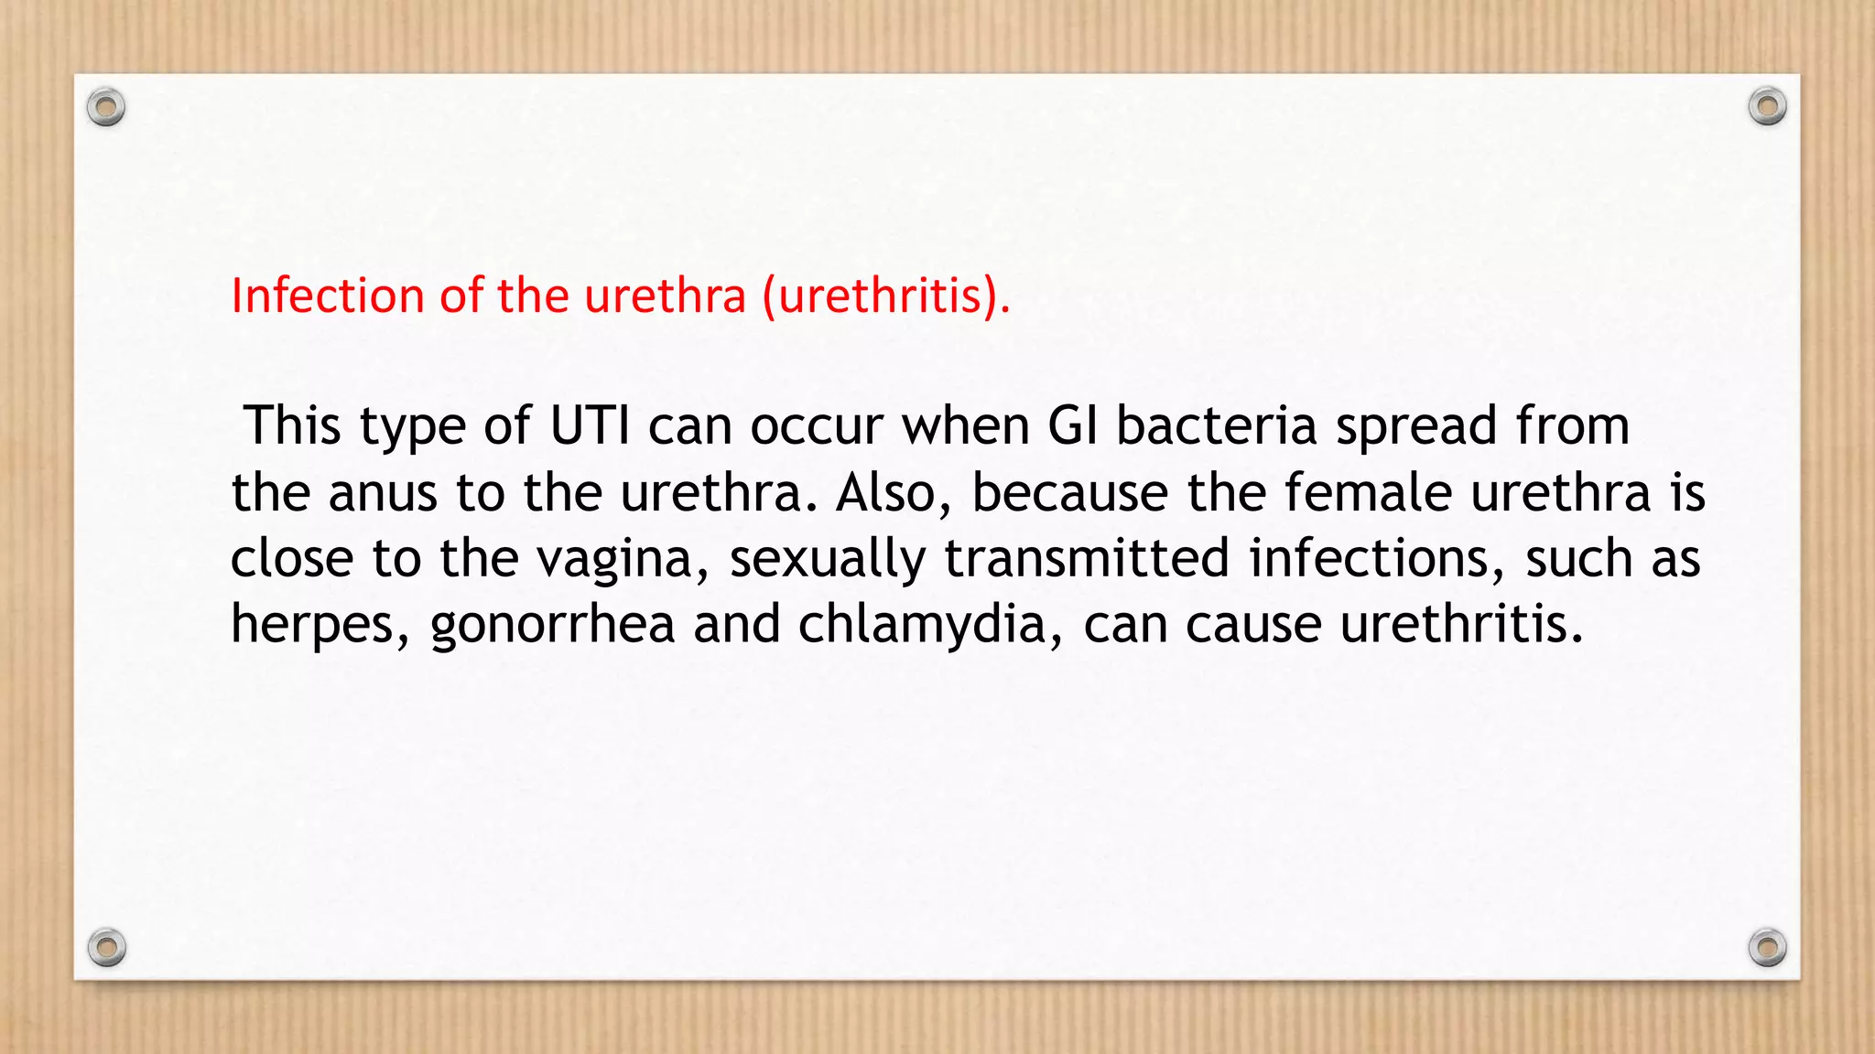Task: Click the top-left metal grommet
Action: tap(106, 107)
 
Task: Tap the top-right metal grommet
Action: tap(1767, 107)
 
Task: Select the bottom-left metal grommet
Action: tap(106, 947)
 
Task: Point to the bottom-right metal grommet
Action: tap(1767, 947)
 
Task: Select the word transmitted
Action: tap(1087, 558)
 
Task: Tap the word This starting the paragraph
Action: tap(293, 426)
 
